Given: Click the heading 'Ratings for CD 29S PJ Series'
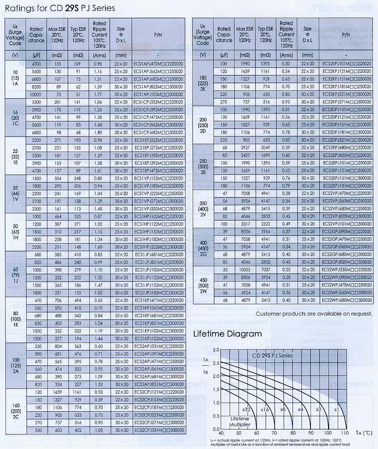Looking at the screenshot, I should pos(59,8).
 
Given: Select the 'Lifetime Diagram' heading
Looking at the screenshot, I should pos(227,334).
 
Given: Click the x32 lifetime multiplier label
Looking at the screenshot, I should pos(246,410).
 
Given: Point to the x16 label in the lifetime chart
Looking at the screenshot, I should pos(265,410).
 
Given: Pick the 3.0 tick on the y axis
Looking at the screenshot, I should pos(216,350).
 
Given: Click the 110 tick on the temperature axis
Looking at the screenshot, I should pos(344,432).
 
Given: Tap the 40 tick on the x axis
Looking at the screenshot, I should pos(221,432).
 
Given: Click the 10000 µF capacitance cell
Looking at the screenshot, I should pos(36,94).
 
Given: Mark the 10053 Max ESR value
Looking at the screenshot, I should pos(244,270).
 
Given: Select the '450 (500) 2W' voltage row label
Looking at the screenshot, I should pos(203,285).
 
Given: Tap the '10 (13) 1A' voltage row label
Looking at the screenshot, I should pos(15,79).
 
